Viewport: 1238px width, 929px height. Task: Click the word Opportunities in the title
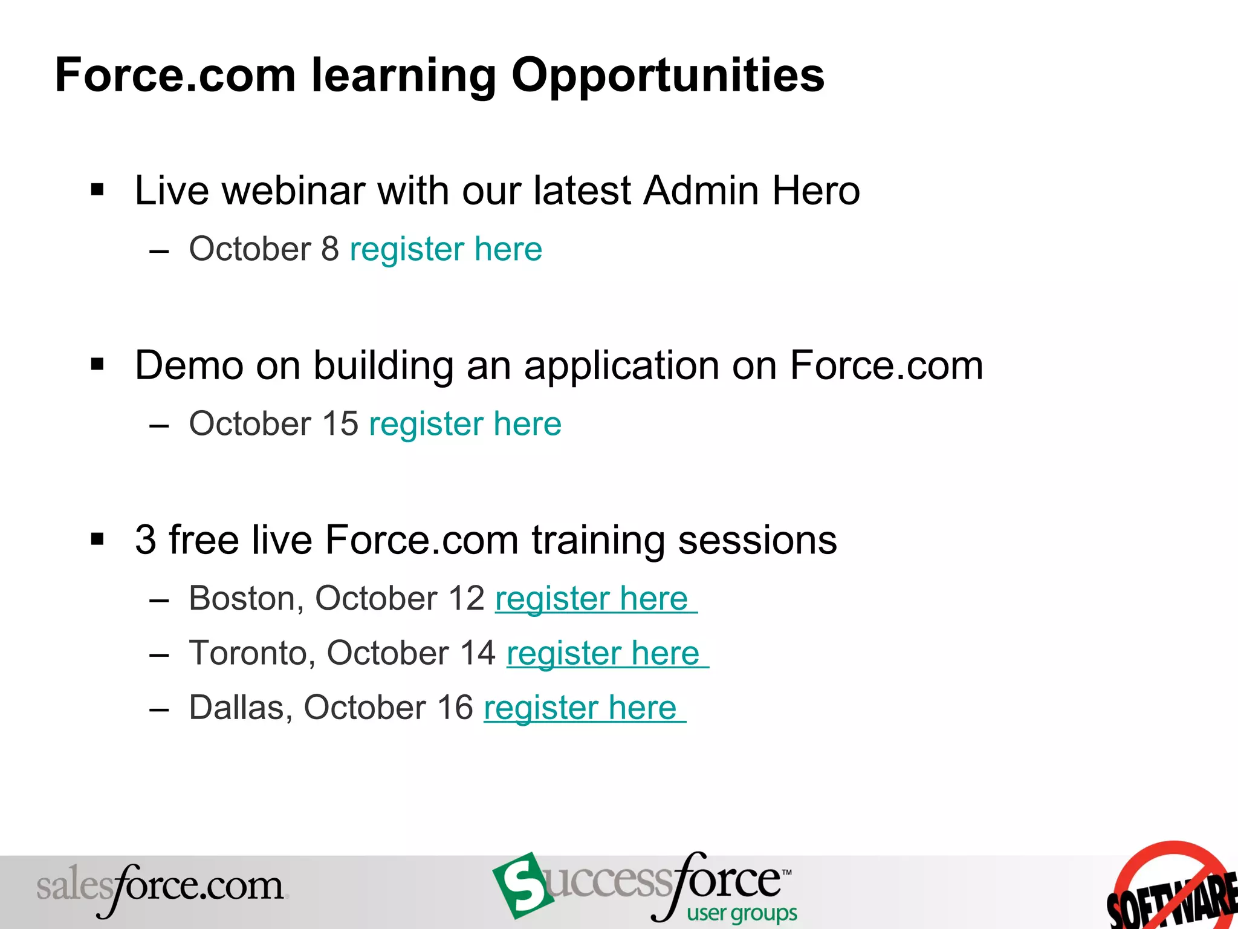pos(667,76)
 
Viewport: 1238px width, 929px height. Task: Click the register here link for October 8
pos(446,249)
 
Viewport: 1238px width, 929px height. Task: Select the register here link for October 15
pos(465,423)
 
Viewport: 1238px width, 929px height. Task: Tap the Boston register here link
pos(592,599)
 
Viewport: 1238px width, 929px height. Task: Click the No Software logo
pos(1173,889)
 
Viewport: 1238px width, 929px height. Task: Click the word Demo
pos(188,366)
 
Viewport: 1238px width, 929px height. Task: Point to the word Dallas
pos(241,708)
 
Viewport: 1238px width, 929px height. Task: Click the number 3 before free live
pos(146,539)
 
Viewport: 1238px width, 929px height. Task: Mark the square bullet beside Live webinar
pos(97,191)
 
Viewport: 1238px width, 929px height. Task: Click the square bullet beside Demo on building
pos(97,365)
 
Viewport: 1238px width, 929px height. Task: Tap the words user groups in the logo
pos(742,913)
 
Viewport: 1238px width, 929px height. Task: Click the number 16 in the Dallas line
pos(455,708)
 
